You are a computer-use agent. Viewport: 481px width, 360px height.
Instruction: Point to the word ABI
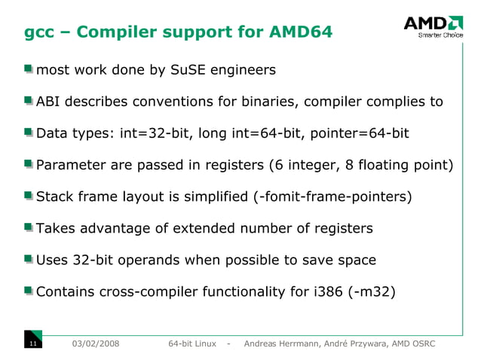coord(50,102)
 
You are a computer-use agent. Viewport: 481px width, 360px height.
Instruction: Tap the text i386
coord(329,291)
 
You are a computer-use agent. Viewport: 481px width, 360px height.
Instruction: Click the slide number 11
coord(32,344)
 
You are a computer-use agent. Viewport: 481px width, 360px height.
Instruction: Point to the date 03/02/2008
coord(94,344)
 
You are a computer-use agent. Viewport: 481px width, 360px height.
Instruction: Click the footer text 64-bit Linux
coord(192,344)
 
